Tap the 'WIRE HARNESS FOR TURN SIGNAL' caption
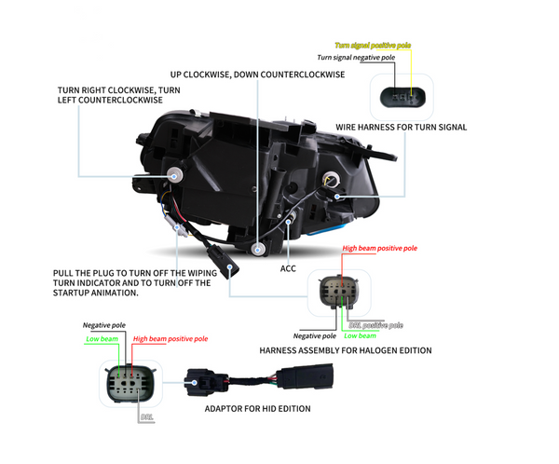pos(401,127)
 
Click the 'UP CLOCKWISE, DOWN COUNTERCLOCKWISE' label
pos(257,75)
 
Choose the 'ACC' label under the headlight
pos(289,266)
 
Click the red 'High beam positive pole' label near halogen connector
pos(380,249)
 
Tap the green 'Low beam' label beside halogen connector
pos(360,335)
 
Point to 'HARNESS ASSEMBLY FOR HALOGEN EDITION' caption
pos(345,350)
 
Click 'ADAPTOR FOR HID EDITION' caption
pos(257,408)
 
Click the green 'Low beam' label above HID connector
pos(102,339)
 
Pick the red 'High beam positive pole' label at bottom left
pos(170,339)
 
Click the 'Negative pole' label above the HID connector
pos(103,326)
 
